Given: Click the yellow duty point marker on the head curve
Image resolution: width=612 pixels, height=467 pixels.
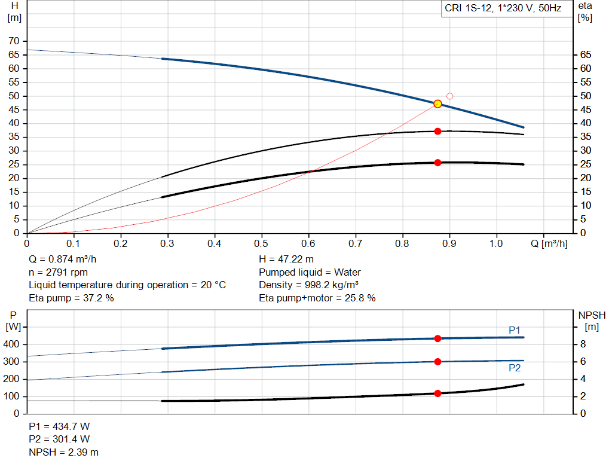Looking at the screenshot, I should [x=437, y=104].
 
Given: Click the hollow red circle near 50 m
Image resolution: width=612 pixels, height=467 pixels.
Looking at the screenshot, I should [x=450, y=96].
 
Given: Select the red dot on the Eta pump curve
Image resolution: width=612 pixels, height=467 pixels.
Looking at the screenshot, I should [x=437, y=131].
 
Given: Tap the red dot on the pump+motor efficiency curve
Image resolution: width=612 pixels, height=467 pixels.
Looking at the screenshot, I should [x=437, y=163].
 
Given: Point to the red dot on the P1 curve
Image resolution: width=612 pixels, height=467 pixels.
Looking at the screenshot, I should [x=437, y=338].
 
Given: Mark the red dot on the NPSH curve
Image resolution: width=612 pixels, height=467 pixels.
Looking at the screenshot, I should [x=437, y=393].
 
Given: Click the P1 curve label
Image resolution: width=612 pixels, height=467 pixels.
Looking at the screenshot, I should [x=515, y=329].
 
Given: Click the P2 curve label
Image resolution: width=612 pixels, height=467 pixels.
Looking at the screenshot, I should [x=515, y=368].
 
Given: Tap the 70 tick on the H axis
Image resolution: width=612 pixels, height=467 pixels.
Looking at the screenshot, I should [x=13, y=41].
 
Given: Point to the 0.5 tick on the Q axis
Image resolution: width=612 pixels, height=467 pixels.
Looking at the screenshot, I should [x=261, y=244].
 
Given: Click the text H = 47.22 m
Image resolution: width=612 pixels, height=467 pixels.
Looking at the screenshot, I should [x=286, y=260].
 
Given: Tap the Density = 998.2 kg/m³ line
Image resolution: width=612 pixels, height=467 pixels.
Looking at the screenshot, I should [x=308, y=285].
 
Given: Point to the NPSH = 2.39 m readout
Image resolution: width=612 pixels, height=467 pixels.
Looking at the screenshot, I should [x=64, y=452].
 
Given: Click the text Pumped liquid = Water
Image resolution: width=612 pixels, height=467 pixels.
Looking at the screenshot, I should [x=310, y=272].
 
